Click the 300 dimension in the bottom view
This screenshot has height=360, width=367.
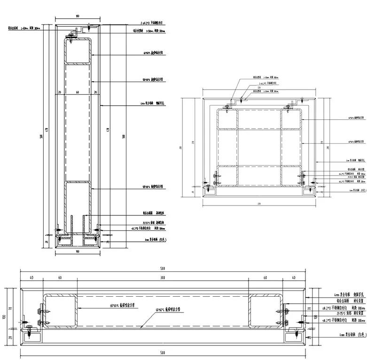(162, 278)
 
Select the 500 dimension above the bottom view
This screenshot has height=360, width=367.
(162, 269)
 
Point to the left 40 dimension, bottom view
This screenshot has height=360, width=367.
(31, 278)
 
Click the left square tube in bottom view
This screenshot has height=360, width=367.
(60, 311)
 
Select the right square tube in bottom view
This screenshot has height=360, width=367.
(265, 311)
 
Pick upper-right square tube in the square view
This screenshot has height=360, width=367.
(291, 118)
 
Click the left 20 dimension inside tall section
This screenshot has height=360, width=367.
(60, 92)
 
